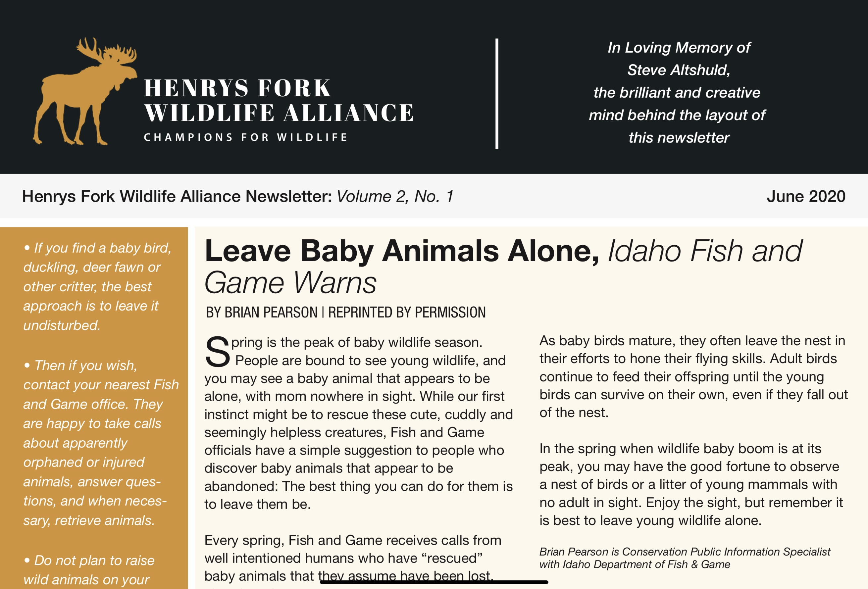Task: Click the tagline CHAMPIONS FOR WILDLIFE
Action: click(x=246, y=137)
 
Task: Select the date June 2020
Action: click(x=806, y=196)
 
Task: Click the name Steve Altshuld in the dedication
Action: click(x=678, y=70)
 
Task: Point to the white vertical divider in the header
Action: click(x=497, y=93)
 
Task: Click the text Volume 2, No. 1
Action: click(x=395, y=196)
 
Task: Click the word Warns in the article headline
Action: click(x=335, y=283)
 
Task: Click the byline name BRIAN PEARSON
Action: click(x=261, y=312)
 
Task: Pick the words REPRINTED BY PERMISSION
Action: click(x=407, y=312)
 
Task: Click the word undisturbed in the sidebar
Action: click(x=61, y=326)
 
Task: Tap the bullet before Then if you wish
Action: click(x=27, y=365)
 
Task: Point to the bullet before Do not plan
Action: click(x=27, y=560)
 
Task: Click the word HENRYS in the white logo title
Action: click(x=196, y=88)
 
